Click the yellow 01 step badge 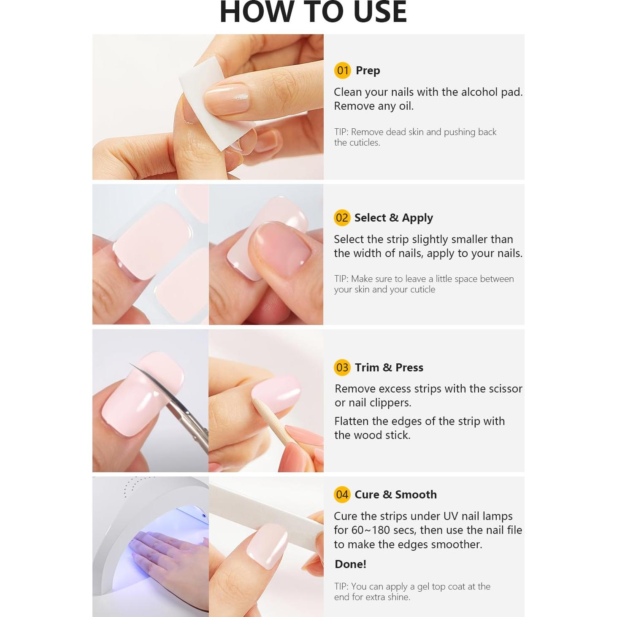(x=342, y=70)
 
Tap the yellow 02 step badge (x=342, y=218)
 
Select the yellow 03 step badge (x=342, y=368)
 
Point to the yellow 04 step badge (x=342, y=495)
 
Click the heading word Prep (x=368, y=70)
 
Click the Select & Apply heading (x=393, y=218)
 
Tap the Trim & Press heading (x=389, y=368)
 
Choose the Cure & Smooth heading (x=395, y=495)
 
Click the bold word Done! (x=350, y=564)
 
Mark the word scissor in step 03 (x=505, y=389)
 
